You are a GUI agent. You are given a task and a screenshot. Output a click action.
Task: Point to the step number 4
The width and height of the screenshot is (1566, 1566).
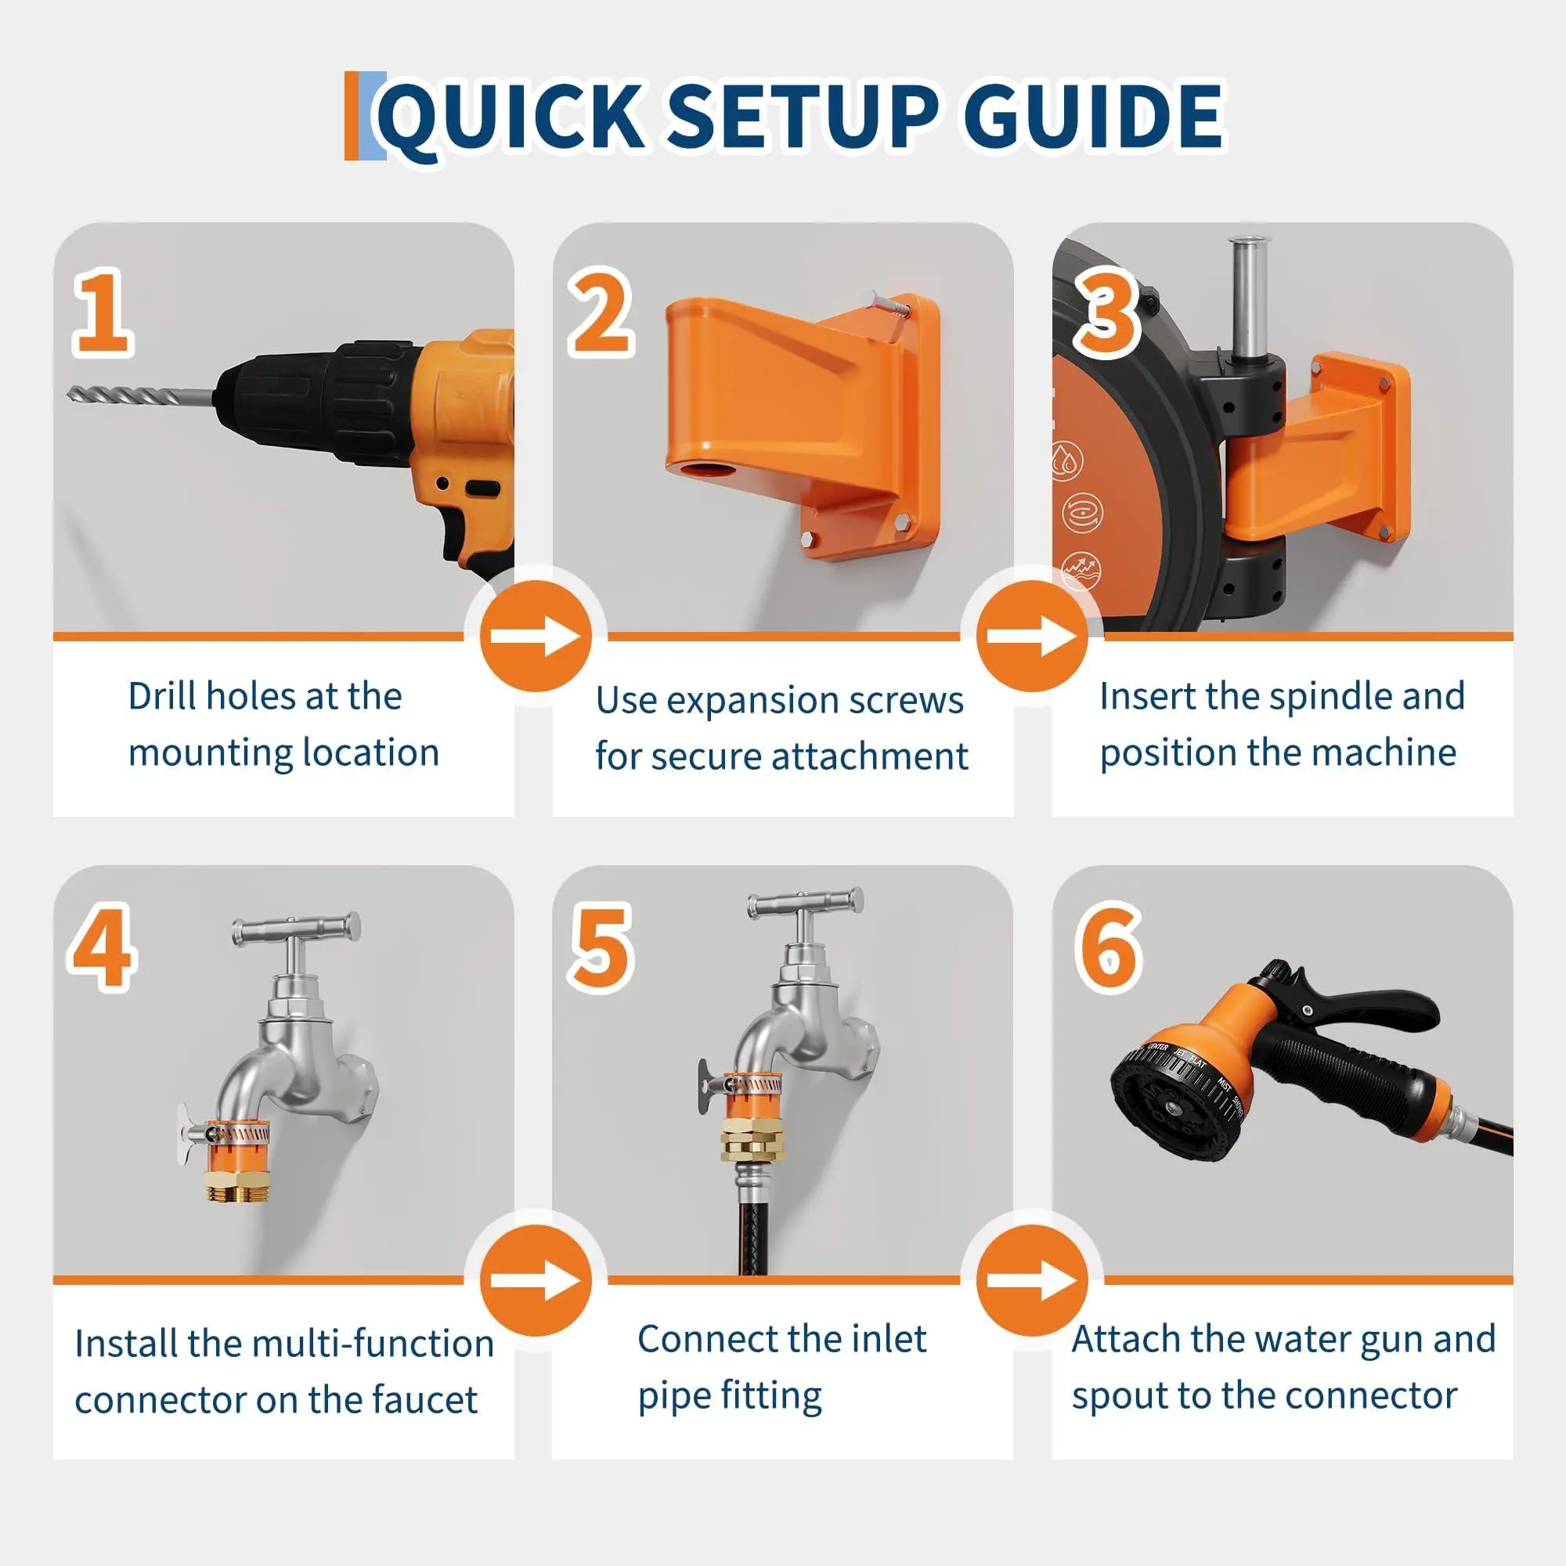102,948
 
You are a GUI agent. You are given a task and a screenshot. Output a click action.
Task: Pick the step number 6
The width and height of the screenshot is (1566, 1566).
1108,948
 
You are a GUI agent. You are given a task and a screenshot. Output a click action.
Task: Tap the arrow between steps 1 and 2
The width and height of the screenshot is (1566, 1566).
536,637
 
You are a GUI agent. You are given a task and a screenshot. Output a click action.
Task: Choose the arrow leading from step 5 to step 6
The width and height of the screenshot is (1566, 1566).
1032,1281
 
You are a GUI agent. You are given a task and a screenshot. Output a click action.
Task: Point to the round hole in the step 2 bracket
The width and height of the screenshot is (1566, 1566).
698,470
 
